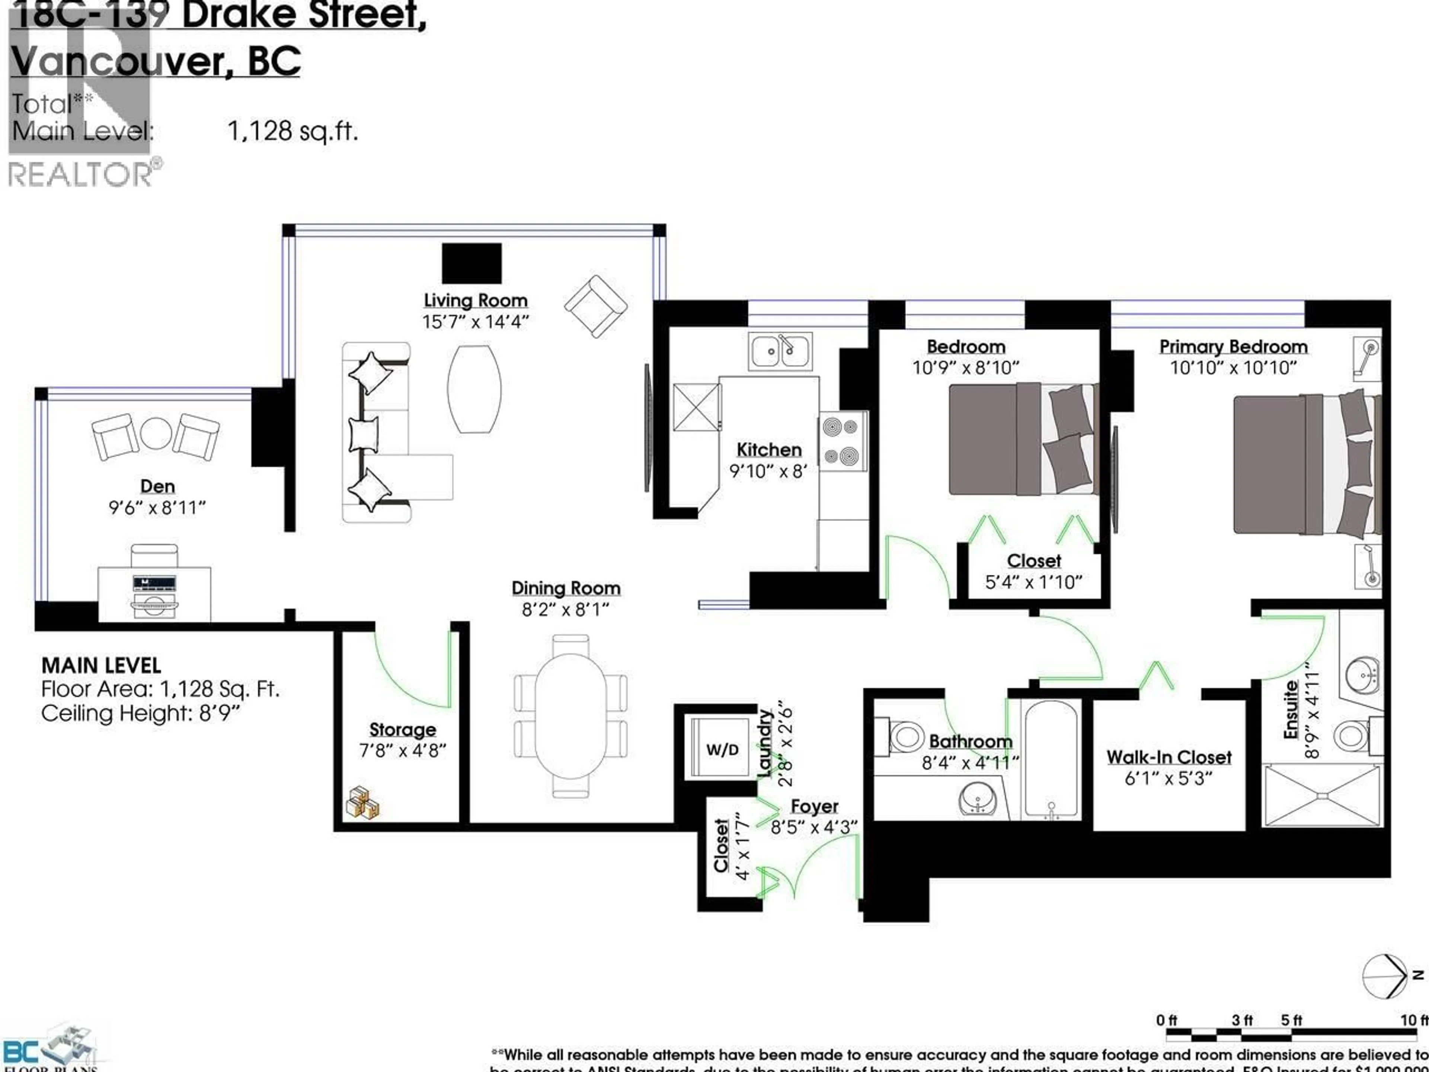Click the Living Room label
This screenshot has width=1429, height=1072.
click(x=476, y=300)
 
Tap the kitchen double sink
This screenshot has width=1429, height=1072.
click(x=780, y=351)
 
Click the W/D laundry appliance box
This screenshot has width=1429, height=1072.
click(x=722, y=749)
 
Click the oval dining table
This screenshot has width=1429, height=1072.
click(x=570, y=716)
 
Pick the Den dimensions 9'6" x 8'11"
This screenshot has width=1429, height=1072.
click(x=157, y=508)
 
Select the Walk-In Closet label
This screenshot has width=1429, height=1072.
click(x=1169, y=757)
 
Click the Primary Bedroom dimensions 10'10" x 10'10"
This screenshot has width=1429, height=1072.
click(x=1233, y=368)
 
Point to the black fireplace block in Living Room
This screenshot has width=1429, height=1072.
click(x=471, y=263)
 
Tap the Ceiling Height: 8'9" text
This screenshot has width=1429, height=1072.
click(x=140, y=714)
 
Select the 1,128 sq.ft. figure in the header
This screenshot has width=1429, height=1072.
click(x=292, y=132)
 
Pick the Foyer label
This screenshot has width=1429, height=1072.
click(x=814, y=807)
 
